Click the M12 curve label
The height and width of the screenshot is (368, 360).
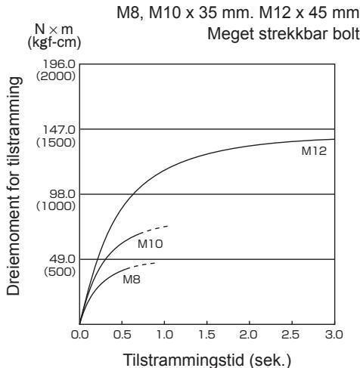coord(314,151)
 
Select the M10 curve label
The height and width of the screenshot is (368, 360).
coord(151,244)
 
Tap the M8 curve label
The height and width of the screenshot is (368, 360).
coord(132,280)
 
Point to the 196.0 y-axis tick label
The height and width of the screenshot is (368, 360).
coord(59,64)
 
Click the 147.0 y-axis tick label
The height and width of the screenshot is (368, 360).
coord(59,130)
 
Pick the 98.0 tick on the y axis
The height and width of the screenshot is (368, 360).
coord(62,194)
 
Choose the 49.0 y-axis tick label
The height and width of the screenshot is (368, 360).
coord(62,259)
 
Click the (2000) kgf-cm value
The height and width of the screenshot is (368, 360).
coord(56,76)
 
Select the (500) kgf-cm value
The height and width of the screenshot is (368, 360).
coord(60,271)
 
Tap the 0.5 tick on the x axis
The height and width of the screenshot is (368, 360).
coord(122,335)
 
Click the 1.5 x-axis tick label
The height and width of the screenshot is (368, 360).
coord(207,335)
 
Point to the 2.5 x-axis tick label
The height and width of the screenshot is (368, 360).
coord(292,335)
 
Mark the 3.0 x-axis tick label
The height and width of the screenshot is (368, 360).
coord(334,335)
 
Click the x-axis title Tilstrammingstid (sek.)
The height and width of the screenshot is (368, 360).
coord(207,360)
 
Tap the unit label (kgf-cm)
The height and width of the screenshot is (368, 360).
coord(54,42)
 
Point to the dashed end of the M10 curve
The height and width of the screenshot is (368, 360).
coord(156,229)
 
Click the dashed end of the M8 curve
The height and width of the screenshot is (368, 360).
coord(143,265)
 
